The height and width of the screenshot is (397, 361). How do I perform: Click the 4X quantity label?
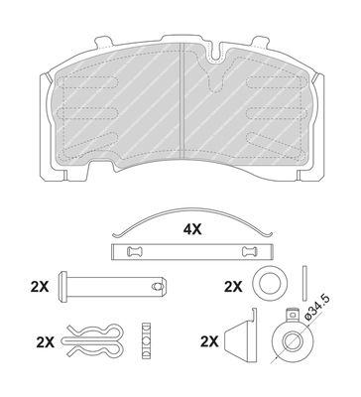(192, 229)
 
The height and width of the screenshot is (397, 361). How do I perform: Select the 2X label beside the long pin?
(40, 287)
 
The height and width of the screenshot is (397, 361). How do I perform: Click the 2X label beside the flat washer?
(233, 287)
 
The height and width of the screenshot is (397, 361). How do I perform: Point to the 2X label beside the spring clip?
(46, 342)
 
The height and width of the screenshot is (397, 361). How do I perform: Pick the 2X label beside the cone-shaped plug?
(209, 341)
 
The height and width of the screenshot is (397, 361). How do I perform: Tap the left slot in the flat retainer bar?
(135, 252)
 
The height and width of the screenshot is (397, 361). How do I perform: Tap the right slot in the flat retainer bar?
(250, 252)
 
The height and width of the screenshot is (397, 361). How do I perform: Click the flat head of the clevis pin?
(62, 286)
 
